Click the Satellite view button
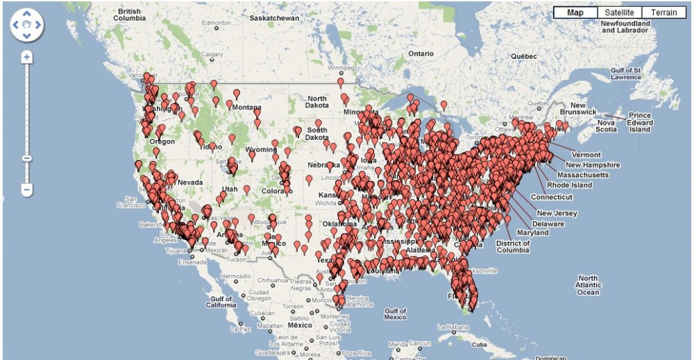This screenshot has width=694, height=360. tap(618, 12)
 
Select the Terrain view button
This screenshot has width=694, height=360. tap(663, 12)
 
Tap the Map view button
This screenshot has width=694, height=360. tap(575, 12)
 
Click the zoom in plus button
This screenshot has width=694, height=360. tap(26, 57)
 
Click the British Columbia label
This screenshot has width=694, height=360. tap(130, 15)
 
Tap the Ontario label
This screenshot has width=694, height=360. tap(421, 53)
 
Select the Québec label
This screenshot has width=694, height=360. tap(524, 55)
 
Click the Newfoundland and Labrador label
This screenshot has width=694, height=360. tap(625, 27)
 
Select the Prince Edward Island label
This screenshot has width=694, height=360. tap(639, 122)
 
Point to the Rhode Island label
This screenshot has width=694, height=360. tap(570, 185)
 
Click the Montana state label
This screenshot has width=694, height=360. tap(246, 107)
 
